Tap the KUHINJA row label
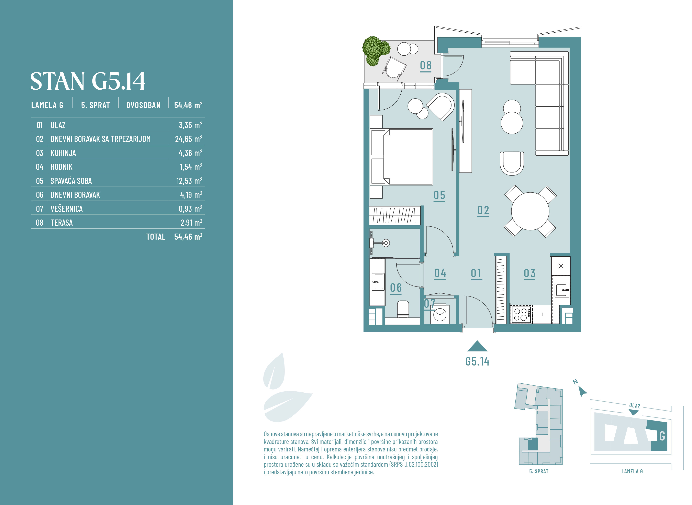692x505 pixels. tap(63, 153)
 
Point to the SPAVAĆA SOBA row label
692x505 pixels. tap(71, 181)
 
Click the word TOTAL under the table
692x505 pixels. tap(156, 237)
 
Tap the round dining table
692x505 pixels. tap(530, 211)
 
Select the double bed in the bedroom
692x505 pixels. tap(401, 157)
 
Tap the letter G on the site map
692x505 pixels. tap(662, 436)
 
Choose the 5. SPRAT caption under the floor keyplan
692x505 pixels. tap(539, 471)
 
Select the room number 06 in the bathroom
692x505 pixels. tap(396, 288)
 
